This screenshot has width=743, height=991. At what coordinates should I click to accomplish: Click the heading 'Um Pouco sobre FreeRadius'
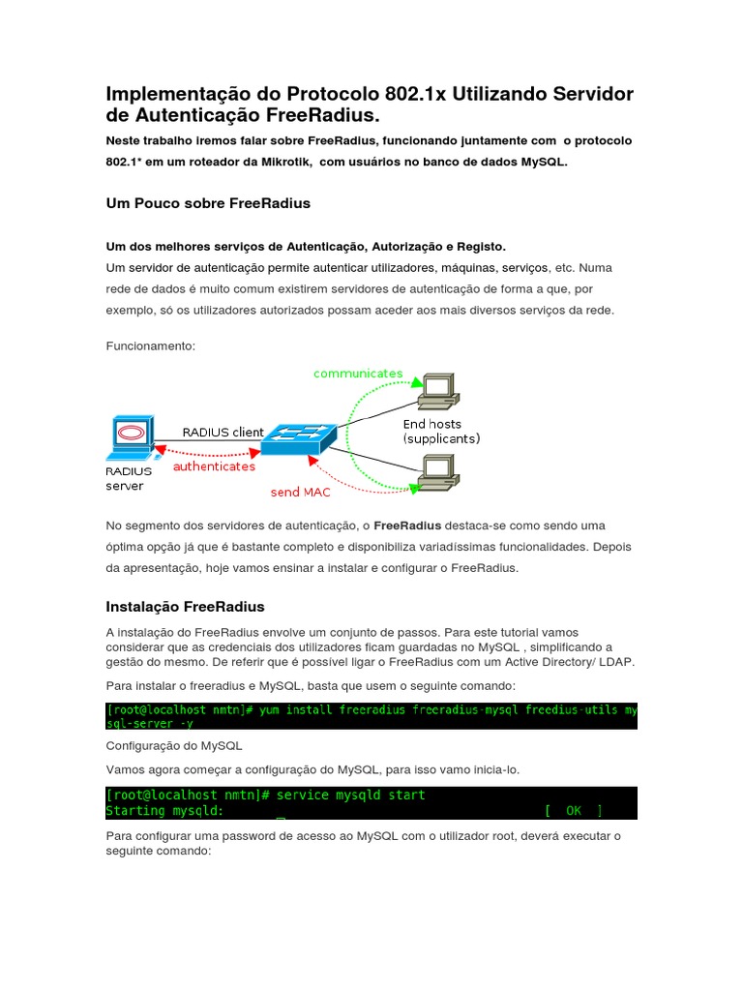[207, 204]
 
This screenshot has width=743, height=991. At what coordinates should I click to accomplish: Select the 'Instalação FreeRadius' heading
[185, 607]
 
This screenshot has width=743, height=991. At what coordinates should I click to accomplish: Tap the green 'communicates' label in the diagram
[358, 373]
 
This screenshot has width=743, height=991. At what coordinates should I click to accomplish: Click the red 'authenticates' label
[214, 465]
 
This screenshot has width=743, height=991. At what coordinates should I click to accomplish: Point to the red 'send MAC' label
[300, 492]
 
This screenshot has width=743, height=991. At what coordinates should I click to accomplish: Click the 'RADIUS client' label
[223, 433]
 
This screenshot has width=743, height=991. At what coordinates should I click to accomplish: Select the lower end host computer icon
[436, 471]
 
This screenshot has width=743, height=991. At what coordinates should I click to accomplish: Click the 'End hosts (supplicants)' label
[441, 431]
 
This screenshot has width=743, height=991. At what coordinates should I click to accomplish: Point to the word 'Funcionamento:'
[150, 345]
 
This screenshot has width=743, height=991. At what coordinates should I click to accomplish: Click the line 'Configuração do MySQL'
[174, 746]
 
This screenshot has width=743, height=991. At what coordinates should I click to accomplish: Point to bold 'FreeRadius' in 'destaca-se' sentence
[407, 526]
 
